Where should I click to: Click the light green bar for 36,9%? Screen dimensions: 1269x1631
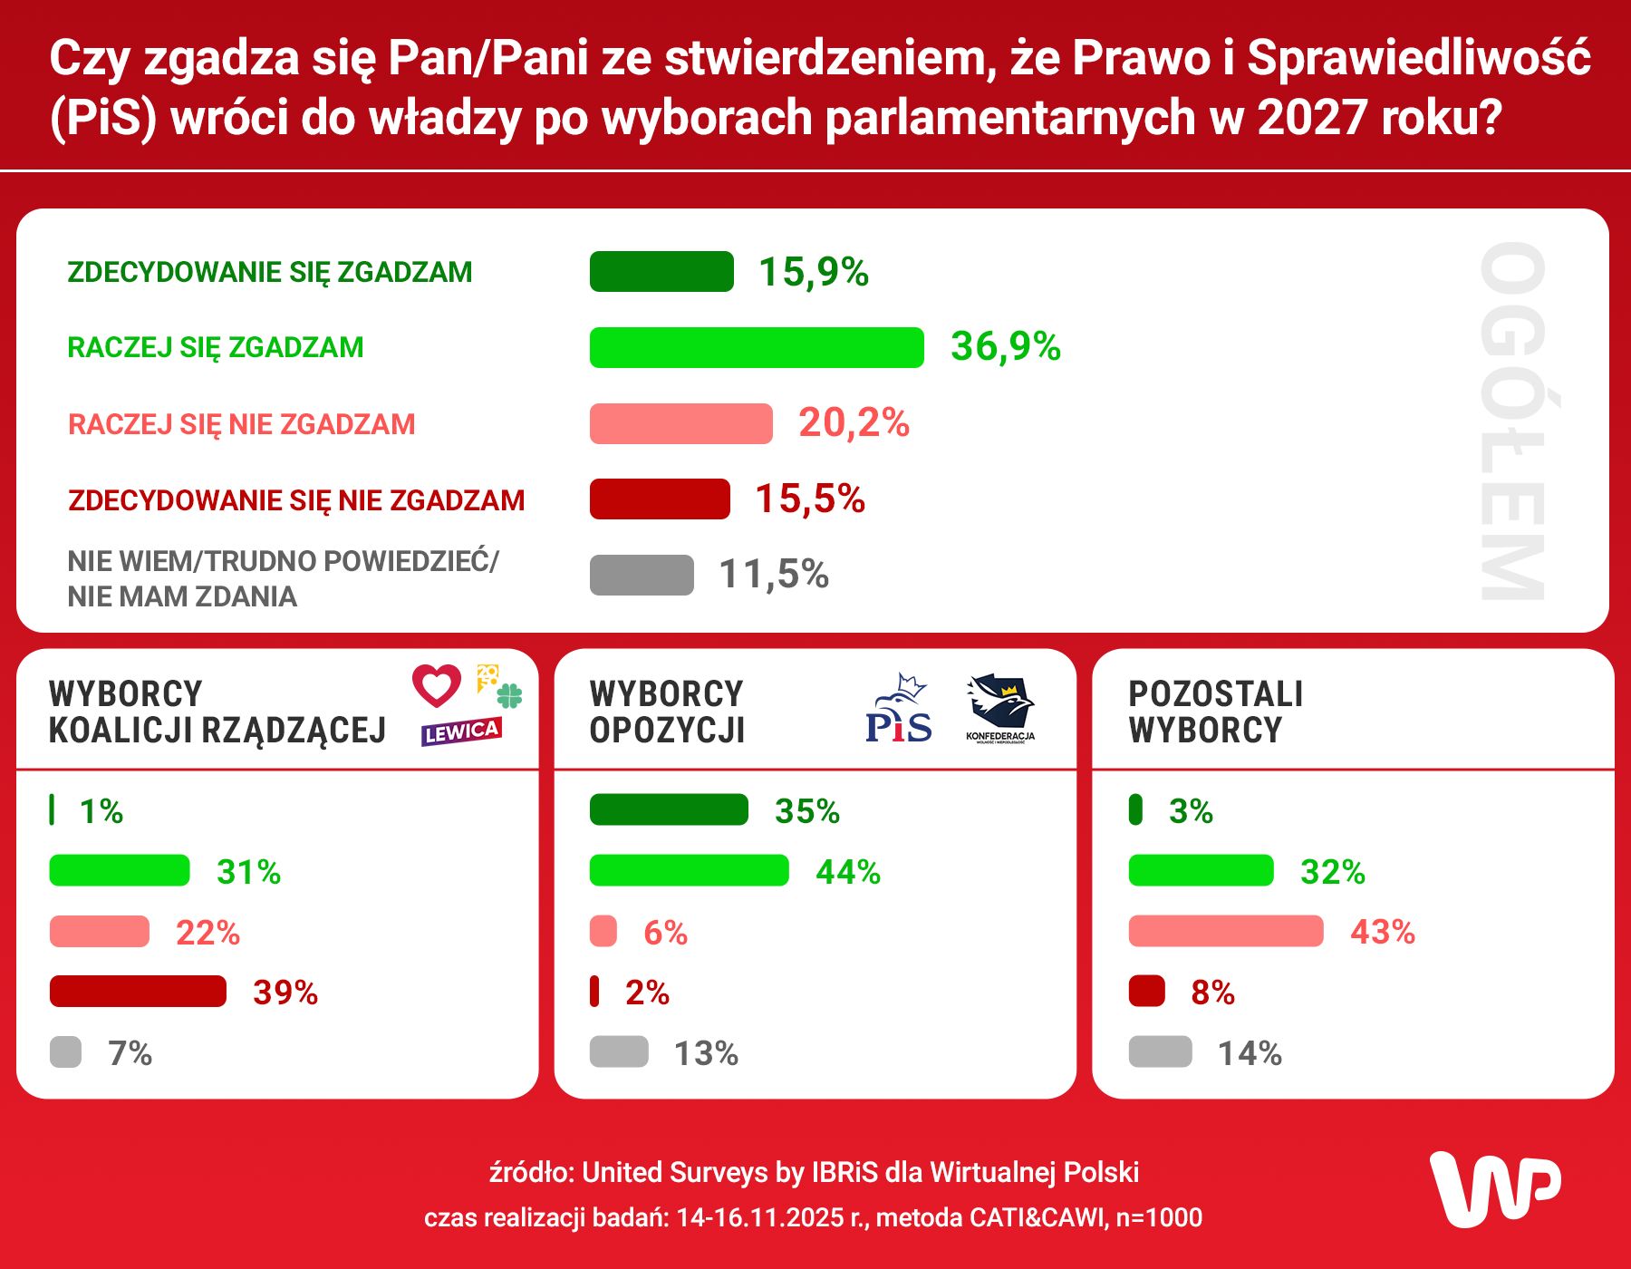tap(756, 347)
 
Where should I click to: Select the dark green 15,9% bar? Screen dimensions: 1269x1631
tap(661, 272)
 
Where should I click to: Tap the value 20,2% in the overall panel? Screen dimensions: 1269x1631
tap(854, 423)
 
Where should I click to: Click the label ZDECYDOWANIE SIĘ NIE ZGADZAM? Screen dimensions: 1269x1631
tap(296, 500)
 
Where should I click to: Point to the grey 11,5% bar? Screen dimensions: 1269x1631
tap(642, 575)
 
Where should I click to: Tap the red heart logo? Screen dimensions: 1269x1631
tap(437, 685)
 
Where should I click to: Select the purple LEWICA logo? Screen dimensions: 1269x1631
tap(461, 731)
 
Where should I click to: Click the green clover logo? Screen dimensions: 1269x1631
tap(510, 696)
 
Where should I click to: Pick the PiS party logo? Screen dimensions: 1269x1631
tap(899, 711)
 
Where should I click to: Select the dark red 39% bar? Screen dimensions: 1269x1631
tap(138, 992)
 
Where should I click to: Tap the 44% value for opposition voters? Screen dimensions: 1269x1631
tap(848, 872)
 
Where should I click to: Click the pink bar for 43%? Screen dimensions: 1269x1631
tap(1225, 931)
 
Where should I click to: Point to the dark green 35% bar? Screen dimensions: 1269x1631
tap(669, 809)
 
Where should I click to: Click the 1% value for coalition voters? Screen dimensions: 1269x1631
tap(101, 811)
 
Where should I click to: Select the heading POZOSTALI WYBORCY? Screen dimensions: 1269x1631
tap(1214, 712)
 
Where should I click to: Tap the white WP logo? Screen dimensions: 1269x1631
tap(1495, 1189)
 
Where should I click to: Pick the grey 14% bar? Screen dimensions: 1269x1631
tap(1160, 1051)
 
